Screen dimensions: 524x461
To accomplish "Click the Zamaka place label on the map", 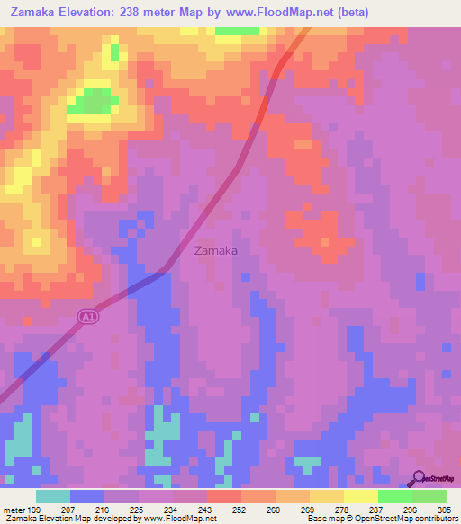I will [x=216, y=251].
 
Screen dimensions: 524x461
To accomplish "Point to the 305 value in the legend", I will [x=446, y=510].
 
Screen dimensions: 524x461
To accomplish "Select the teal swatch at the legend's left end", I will [x=53, y=496].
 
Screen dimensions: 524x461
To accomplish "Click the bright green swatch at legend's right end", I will [x=429, y=496].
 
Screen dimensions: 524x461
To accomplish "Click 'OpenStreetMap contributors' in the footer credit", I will [x=411, y=519].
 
